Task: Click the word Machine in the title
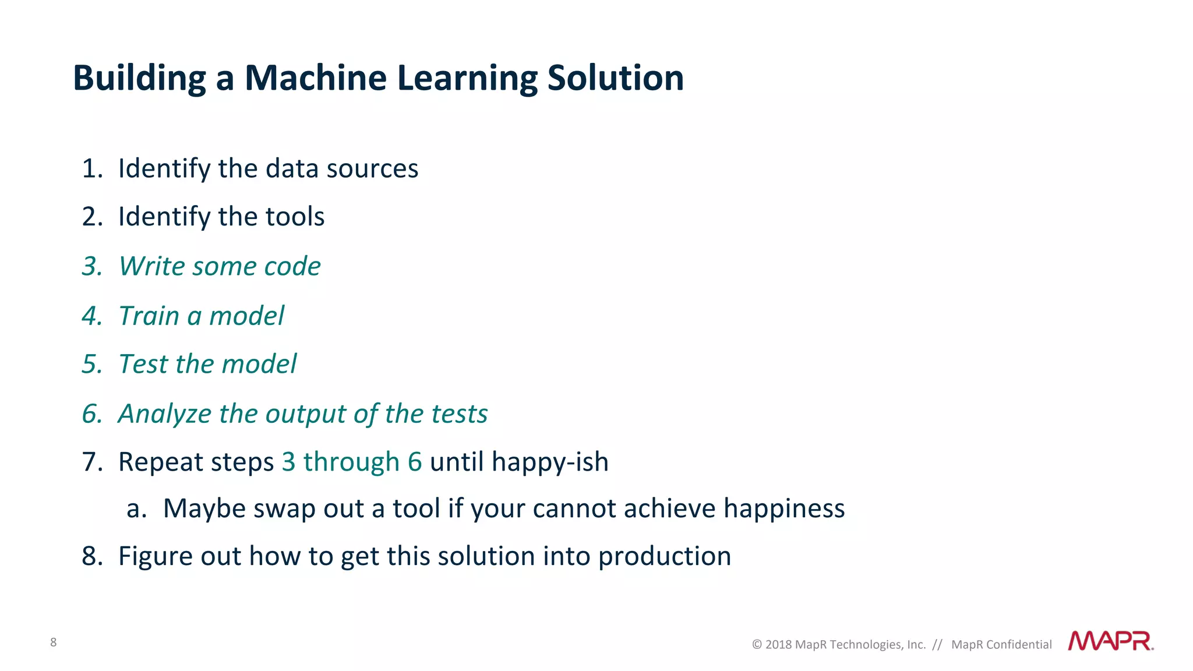315,78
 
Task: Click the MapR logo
1110,641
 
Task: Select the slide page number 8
54,642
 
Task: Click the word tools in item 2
295,217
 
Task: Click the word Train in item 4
149,316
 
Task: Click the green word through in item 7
351,462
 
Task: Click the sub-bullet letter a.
135,509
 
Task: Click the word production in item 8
664,556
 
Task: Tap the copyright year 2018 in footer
778,645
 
